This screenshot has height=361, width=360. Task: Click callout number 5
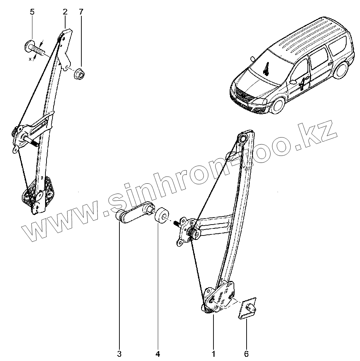coord(32,12)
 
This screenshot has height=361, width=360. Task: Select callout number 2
coord(65,12)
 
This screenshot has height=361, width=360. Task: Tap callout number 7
coord(81,12)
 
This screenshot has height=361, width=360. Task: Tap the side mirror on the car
coord(293,81)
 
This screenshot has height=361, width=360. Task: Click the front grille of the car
coord(242,95)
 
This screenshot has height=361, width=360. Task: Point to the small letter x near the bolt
coord(30,59)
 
